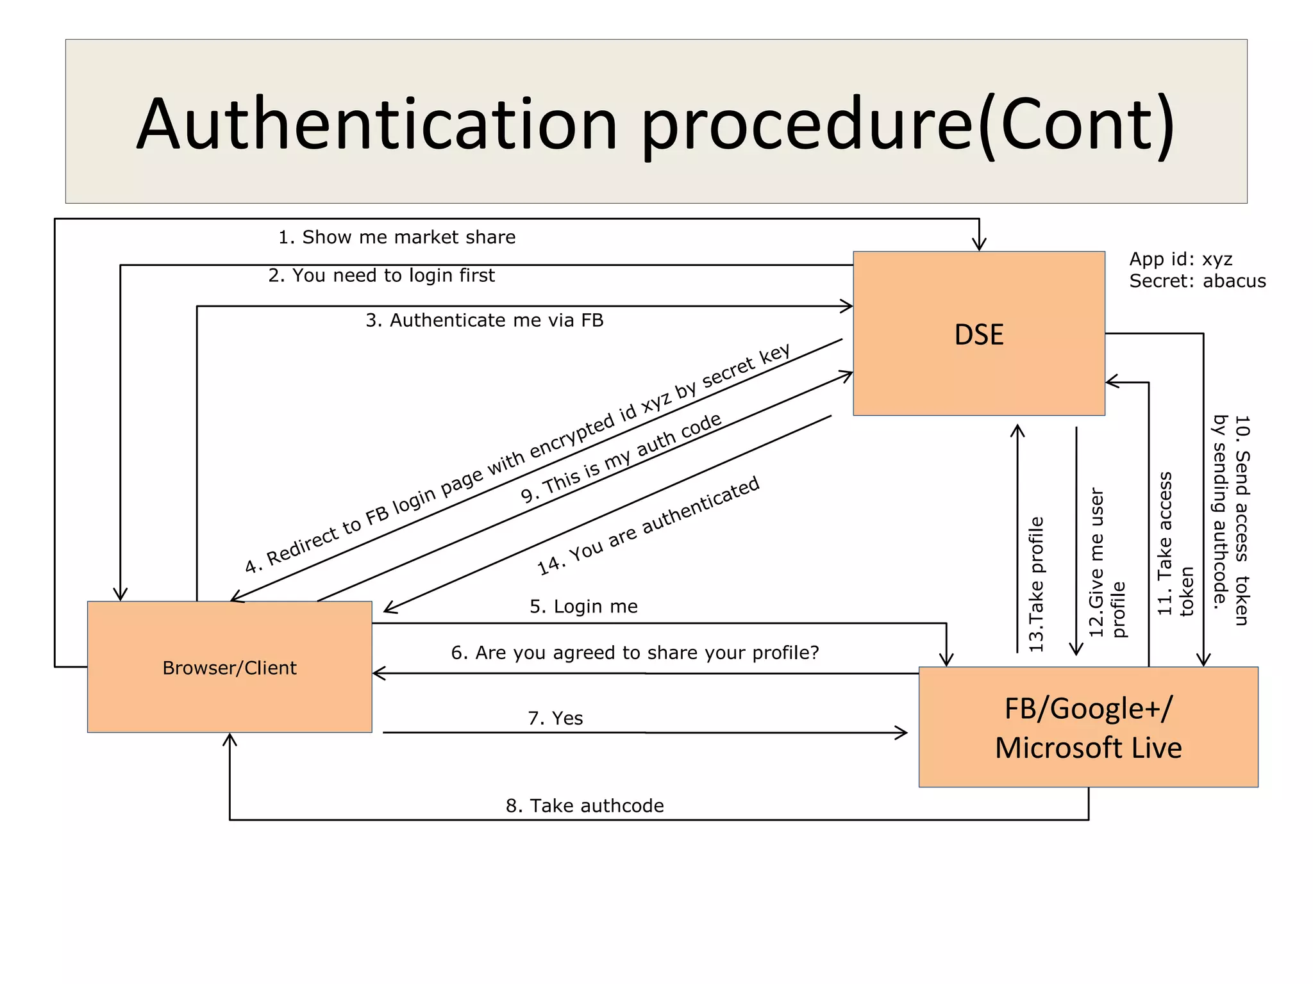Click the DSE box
978,333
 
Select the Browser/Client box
230,667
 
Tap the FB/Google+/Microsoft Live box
1088,727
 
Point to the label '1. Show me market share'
397,237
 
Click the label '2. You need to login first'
381,275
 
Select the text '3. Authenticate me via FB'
485,320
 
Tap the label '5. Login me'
583,606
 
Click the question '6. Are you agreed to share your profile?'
635,653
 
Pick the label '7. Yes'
555,718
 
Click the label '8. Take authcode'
585,806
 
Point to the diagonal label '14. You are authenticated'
648,525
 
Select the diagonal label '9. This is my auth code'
621,458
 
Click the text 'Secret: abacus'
1197,281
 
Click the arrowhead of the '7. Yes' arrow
903,732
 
